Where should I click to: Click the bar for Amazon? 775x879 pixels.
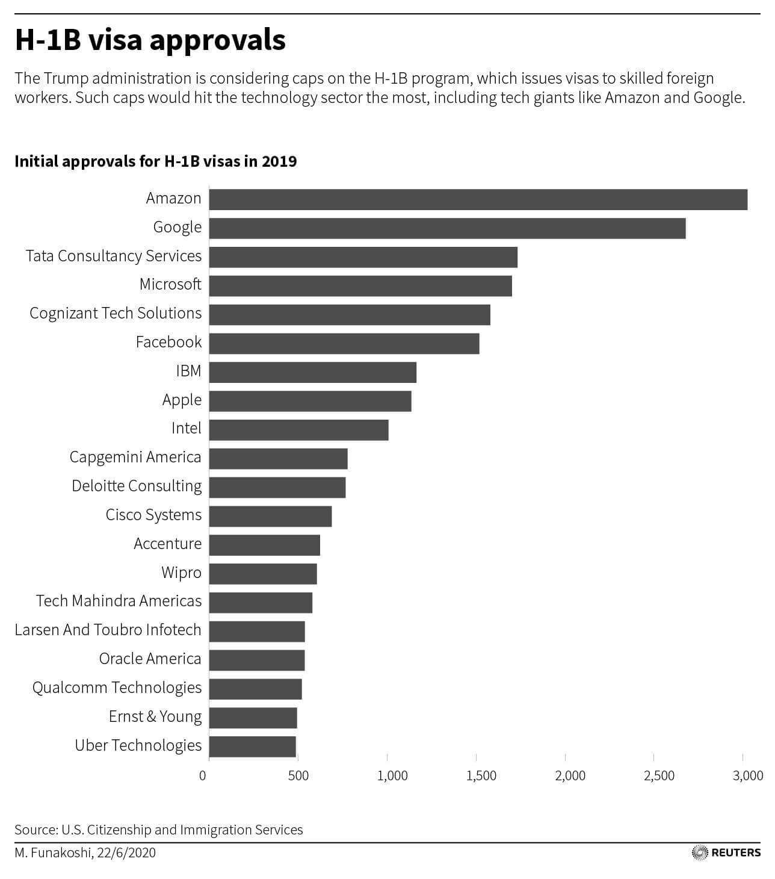point(478,199)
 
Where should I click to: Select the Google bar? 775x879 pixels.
point(447,228)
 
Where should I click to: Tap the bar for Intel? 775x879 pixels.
point(298,430)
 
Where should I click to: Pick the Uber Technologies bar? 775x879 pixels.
point(252,747)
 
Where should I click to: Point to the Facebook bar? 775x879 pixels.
point(344,343)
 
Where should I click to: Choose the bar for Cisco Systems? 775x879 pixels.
point(270,516)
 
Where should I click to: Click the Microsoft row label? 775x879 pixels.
point(170,284)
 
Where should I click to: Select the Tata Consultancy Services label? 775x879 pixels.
point(114,256)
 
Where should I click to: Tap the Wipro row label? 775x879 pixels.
point(181,573)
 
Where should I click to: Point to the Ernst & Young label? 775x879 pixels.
point(155,716)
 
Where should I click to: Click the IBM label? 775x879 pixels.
point(188,371)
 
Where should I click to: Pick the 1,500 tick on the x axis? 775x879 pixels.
point(481,775)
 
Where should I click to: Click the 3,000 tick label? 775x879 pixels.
point(748,775)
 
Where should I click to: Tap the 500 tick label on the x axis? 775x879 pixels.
point(298,775)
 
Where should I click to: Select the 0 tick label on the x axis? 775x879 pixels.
point(203,775)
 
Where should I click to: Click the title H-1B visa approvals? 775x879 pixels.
point(150,40)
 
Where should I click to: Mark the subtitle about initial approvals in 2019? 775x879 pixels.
point(155,161)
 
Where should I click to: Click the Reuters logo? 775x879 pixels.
point(726,853)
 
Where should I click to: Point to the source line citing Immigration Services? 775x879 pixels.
point(159,830)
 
